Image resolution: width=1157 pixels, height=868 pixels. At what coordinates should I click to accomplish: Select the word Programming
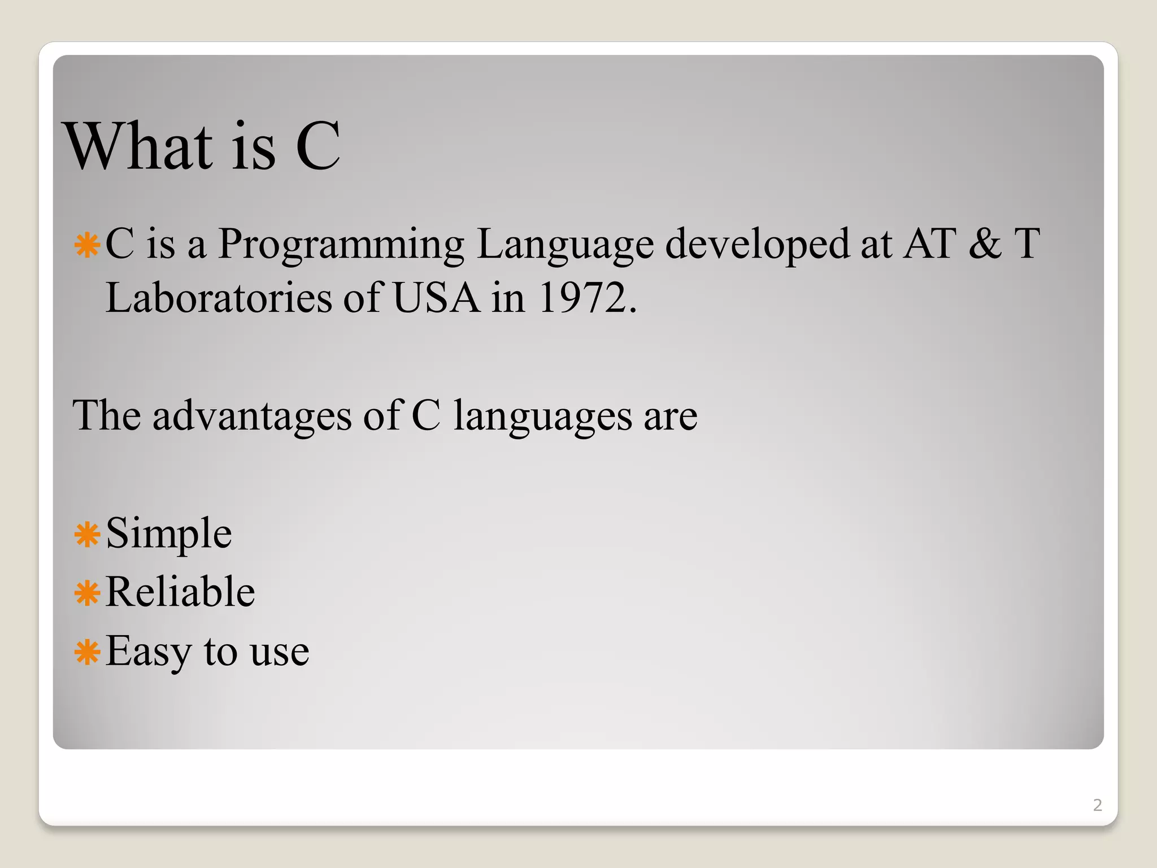pos(341,244)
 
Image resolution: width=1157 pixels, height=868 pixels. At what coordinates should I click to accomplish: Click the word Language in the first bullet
pos(564,244)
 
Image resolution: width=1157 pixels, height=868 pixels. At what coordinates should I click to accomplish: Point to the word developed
pos(757,244)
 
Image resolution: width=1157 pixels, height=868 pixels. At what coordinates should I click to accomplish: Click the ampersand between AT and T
pos(985,244)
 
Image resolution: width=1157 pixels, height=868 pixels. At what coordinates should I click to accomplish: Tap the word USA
pos(436,298)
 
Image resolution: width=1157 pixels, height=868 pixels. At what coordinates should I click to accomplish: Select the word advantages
pos(252,415)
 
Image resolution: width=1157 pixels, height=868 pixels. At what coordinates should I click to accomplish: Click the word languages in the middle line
pos(542,416)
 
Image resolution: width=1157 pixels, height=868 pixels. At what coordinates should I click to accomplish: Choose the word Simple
pos(168,533)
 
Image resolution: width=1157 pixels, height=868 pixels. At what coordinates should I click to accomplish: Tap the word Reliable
pos(180,592)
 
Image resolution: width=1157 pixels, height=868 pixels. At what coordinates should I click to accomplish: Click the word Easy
pos(148,651)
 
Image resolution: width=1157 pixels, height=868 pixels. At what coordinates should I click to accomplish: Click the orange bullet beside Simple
pos(87,535)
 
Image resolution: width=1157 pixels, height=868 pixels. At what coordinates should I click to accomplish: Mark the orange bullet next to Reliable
pos(87,593)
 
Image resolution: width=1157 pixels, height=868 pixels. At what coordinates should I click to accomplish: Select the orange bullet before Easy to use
pos(87,653)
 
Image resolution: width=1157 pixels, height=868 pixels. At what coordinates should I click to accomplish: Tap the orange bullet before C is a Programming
pos(87,246)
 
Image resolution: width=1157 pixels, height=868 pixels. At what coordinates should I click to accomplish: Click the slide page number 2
pos(1097,805)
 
